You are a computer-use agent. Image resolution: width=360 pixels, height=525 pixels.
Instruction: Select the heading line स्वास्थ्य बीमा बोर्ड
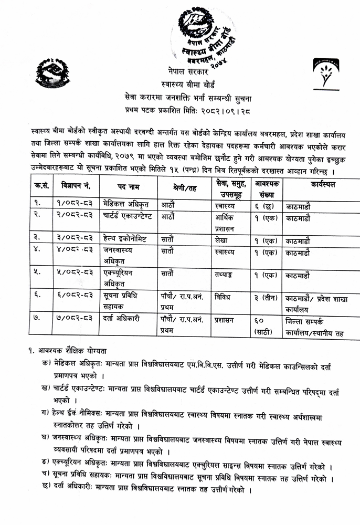tap(187, 84)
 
